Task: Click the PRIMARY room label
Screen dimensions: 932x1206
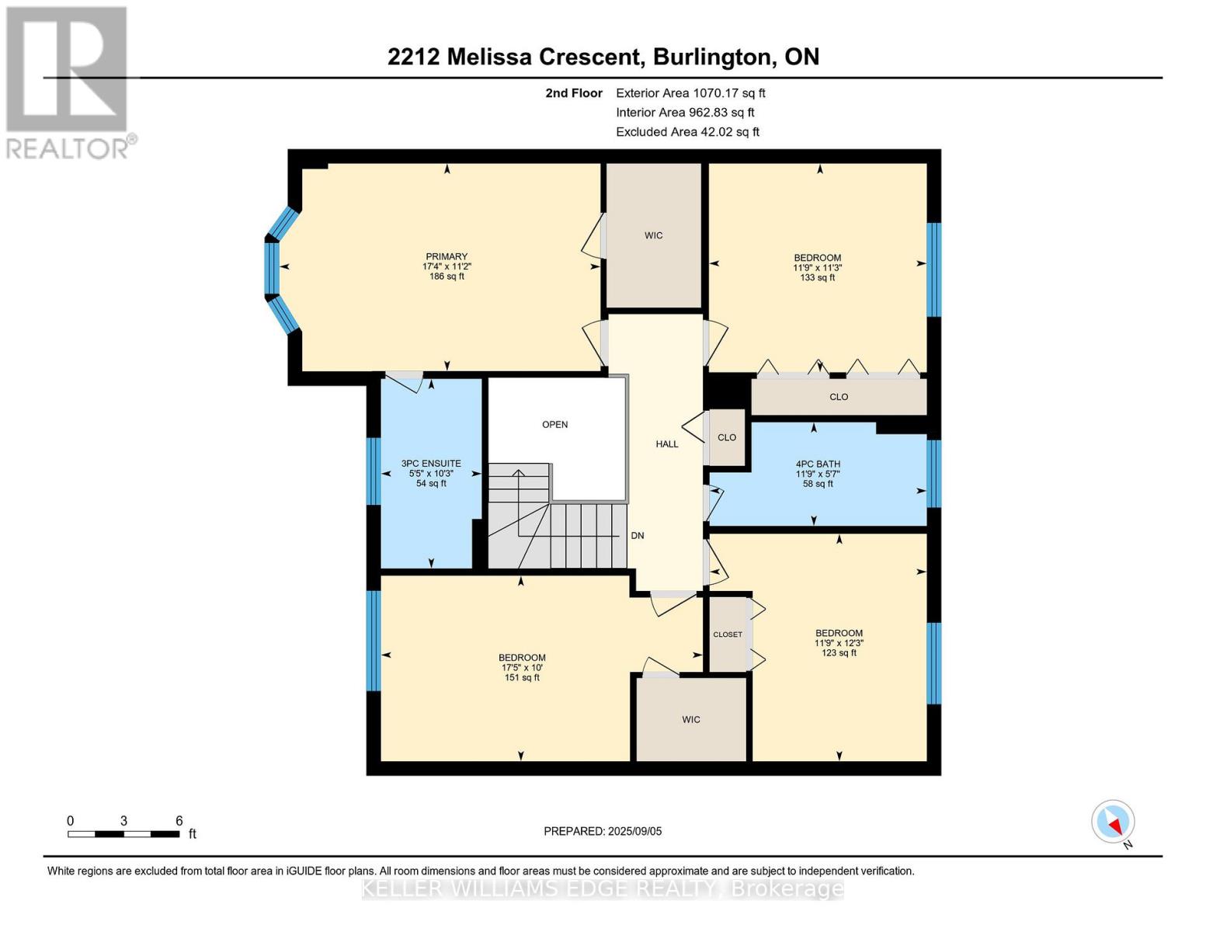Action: (x=447, y=257)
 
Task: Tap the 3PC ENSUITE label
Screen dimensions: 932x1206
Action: (x=431, y=463)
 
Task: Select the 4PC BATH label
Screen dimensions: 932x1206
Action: (x=817, y=464)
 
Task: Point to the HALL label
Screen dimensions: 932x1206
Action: (x=666, y=444)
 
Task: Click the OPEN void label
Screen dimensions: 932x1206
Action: (x=554, y=425)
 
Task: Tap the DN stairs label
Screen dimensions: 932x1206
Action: (x=637, y=536)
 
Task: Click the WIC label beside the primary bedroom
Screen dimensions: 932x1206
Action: (x=653, y=235)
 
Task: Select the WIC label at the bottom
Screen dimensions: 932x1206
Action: (x=690, y=720)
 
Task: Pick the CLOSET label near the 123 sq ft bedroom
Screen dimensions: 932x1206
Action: (x=728, y=635)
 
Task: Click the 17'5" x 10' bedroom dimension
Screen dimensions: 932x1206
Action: (x=522, y=668)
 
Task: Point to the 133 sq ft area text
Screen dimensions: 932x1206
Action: (x=817, y=277)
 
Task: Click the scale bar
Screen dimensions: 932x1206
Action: (x=123, y=834)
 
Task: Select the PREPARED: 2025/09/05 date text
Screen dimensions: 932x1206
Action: (x=603, y=831)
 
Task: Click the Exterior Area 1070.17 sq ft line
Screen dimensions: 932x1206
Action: (x=690, y=93)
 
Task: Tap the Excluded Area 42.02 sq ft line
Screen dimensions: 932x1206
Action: (x=687, y=132)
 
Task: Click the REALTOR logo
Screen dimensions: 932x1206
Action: (x=68, y=82)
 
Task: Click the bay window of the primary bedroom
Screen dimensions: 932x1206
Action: (x=273, y=268)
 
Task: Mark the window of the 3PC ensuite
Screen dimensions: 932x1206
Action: (x=374, y=471)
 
